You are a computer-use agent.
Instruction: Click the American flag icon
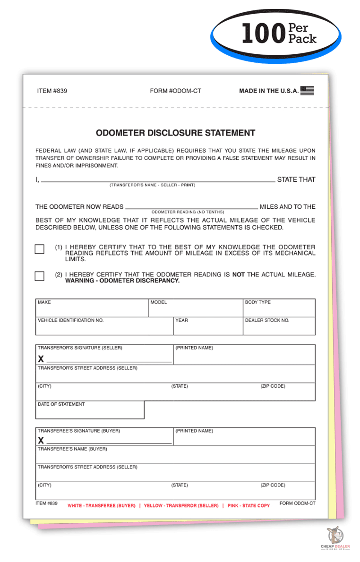[x=307, y=91]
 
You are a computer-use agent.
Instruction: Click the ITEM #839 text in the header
[x=52, y=91]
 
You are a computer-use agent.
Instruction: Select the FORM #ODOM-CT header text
[x=175, y=91]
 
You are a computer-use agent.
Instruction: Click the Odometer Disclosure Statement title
[x=175, y=133]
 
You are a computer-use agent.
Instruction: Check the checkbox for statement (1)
[x=40, y=249]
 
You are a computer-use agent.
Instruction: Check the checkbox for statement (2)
[x=40, y=276]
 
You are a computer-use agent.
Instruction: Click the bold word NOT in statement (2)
[x=238, y=274]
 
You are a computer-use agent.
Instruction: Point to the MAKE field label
[x=44, y=302]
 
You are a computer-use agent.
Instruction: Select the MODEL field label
[x=159, y=302]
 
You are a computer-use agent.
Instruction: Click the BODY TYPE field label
[x=258, y=302]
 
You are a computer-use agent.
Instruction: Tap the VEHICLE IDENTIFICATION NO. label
[x=70, y=320]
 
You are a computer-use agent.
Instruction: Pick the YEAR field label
[x=181, y=320]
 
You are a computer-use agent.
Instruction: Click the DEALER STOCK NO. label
[x=267, y=320]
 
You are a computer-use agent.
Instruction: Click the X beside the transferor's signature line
[x=41, y=359]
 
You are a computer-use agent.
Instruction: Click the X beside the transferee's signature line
[x=41, y=441]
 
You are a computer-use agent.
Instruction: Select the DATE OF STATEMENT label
[x=61, y=404]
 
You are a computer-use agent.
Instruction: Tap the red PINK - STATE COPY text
[x=249, y=506]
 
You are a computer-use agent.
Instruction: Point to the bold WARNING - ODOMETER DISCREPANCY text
[x=122, y=281]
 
